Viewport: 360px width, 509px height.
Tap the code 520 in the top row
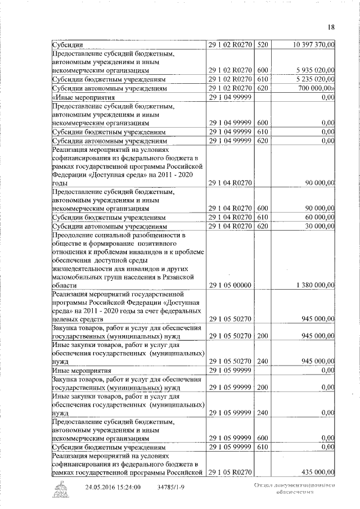coord(263,44)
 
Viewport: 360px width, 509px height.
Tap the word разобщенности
coord(150,235)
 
